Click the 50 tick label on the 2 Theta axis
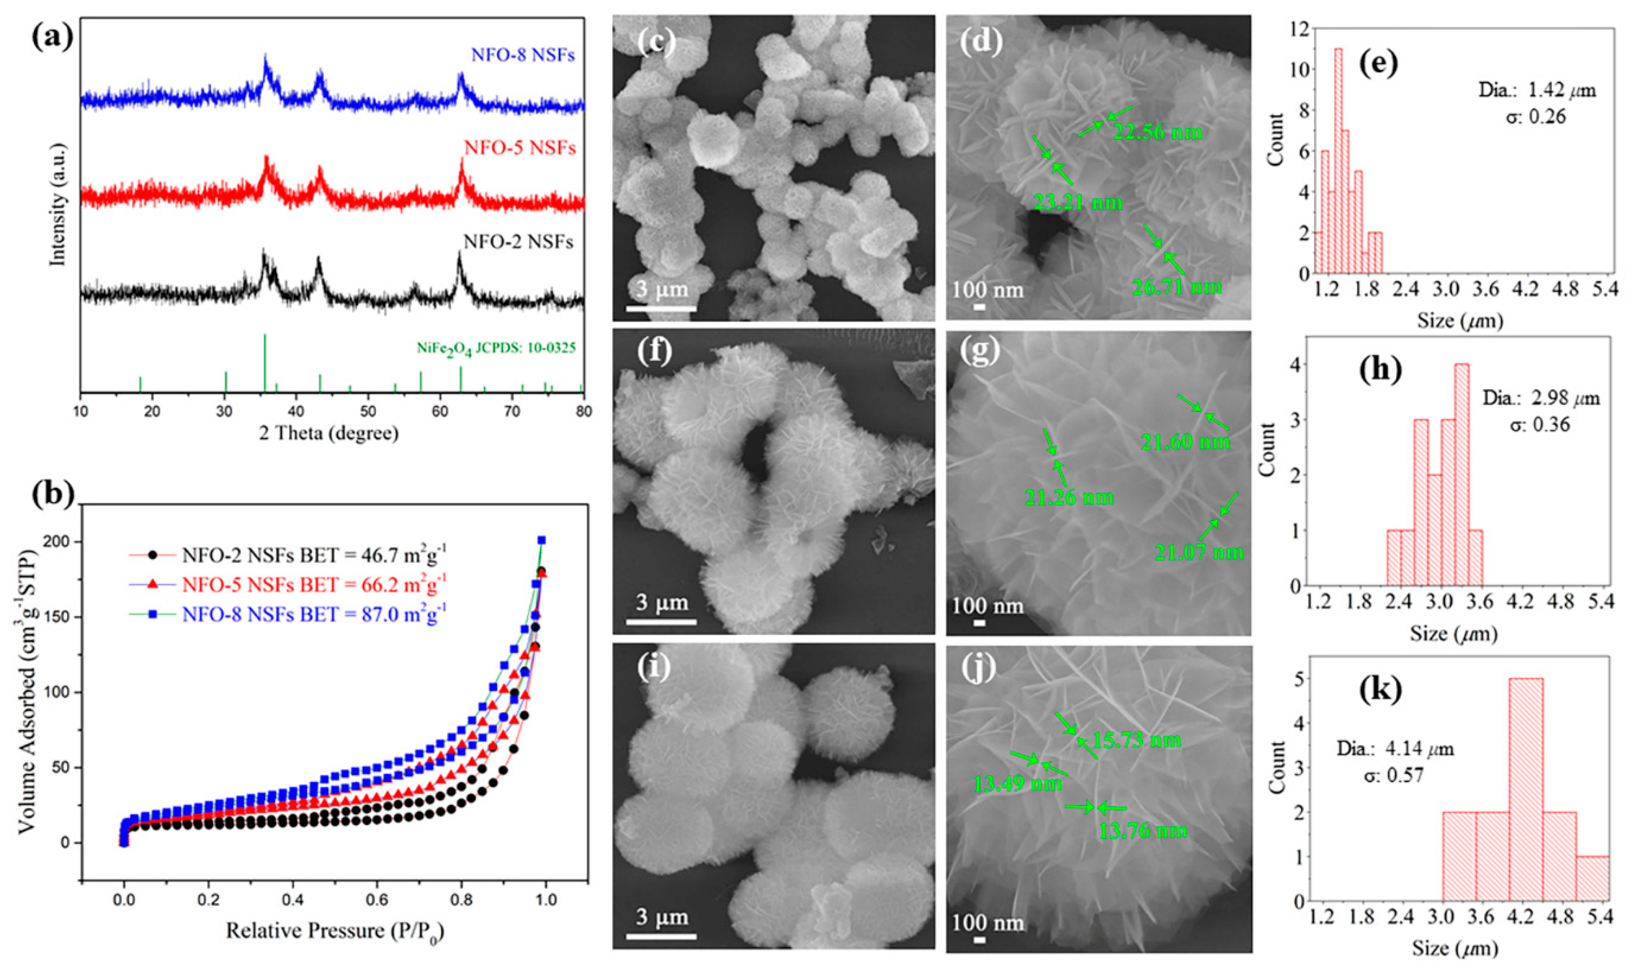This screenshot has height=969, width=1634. [x=368, y=412]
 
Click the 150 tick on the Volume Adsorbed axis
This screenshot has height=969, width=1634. [x=64, y=617]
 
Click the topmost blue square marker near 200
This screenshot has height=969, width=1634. [x=541, y=540]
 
